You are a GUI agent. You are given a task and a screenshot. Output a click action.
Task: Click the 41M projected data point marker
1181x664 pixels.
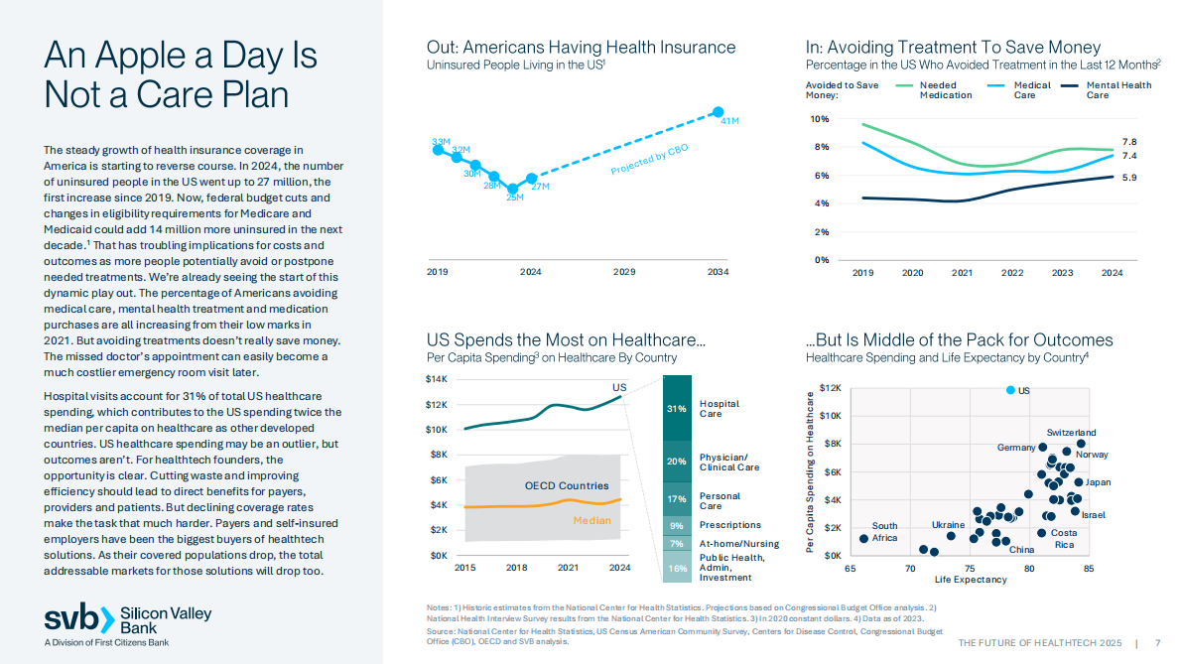(718, 111)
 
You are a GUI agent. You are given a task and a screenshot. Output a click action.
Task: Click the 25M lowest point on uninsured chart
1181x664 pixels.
(512, 188)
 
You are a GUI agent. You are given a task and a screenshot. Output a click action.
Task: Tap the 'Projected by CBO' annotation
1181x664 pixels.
(649, 160)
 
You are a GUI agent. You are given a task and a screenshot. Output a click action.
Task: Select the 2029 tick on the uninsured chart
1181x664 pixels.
(624, 272)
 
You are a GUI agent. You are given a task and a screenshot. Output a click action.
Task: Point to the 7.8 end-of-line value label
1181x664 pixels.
(1128, 142)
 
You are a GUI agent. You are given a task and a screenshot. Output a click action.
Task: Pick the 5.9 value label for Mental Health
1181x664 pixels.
(1128, 178)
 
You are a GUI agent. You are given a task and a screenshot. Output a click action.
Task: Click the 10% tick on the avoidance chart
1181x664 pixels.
(820, 119)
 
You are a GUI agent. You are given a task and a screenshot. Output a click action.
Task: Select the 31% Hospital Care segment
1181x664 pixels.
(677, 408)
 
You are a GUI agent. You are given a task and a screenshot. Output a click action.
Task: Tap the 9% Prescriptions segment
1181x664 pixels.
(677, 525)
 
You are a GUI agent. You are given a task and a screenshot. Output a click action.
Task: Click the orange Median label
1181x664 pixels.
(591, 520)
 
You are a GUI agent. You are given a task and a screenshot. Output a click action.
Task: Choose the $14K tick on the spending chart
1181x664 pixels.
(437, 379)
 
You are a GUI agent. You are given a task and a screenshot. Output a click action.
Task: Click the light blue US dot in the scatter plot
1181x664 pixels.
(1010, 390)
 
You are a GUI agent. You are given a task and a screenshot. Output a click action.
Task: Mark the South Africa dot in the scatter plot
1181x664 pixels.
(863, 538)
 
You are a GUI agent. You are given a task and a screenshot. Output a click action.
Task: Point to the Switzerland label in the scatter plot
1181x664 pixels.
(1071, 433)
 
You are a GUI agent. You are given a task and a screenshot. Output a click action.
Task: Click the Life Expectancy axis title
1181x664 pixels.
(970, 580)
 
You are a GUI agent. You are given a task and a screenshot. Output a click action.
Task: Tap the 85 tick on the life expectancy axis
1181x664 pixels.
(1089, 569)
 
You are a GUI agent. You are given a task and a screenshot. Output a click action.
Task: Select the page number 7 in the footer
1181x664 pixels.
(1157, 643)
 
